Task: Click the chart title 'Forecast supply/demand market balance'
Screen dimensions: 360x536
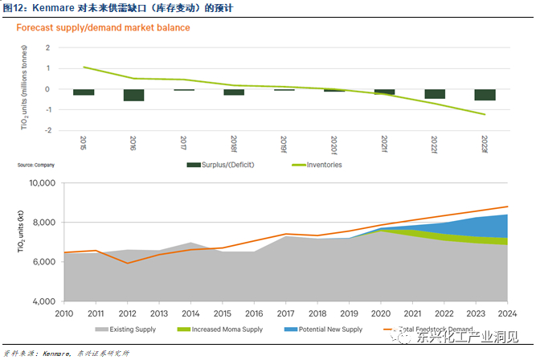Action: pos(104,28)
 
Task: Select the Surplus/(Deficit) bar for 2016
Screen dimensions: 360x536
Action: pos(133,95)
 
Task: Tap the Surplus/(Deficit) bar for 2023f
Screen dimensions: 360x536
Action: pos(485,95)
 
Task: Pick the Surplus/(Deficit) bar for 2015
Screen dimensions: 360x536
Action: pos(84,92)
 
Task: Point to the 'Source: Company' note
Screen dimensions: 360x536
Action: pos(37,165)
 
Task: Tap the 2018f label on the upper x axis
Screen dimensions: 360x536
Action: pos(234,144)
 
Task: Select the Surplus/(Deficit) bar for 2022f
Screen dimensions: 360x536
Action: pos(435,94)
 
